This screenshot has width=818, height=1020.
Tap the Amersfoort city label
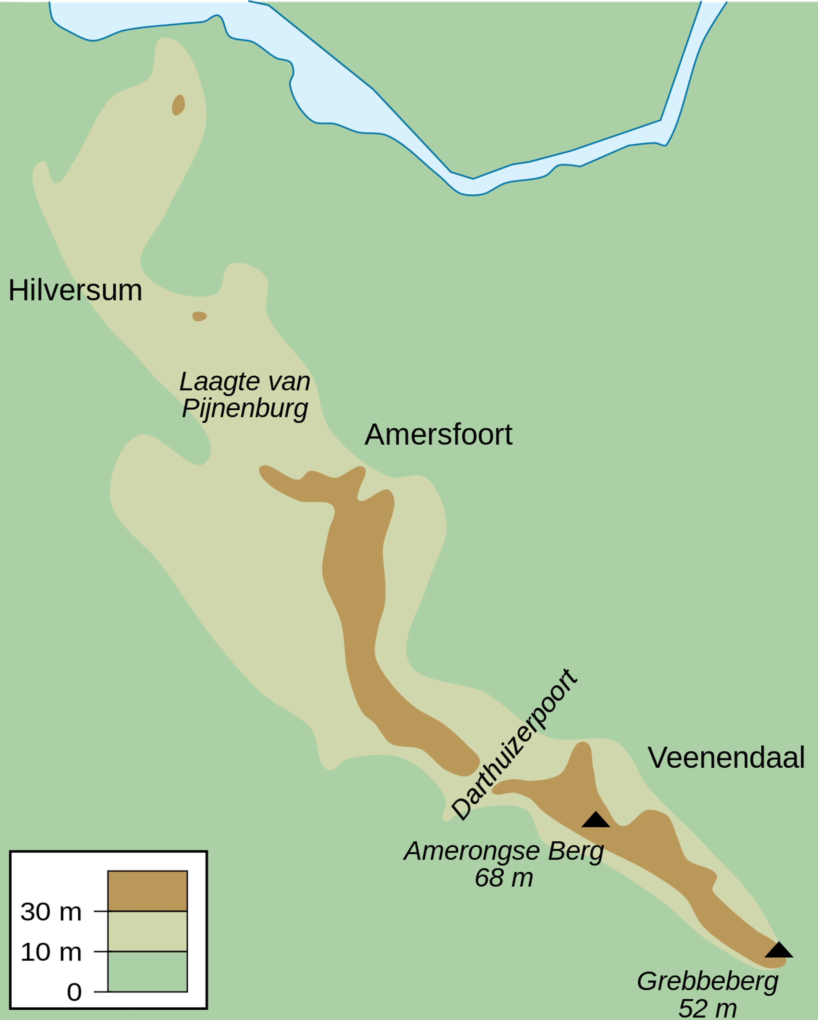pyautogui.click(x=438, y=434)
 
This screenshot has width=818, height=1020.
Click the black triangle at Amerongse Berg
pyautogui.click(x=596, y=820)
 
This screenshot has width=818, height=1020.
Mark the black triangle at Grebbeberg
pyautogui.click(x=779, y=950)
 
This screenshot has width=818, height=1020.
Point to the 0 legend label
pyautogui.click(x=74, y=992)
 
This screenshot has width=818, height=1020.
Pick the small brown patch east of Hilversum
pyautogui.click(x=199, y=316)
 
